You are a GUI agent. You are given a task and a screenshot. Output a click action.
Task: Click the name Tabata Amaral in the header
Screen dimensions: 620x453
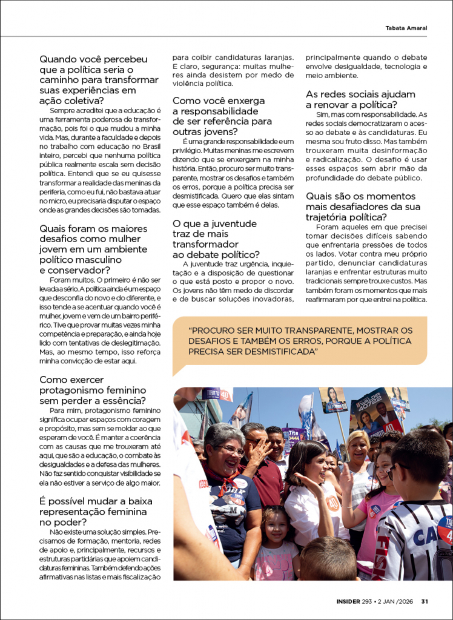tap(406, 28)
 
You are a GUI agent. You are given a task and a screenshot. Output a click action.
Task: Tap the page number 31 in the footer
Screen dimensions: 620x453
tap(425, 601)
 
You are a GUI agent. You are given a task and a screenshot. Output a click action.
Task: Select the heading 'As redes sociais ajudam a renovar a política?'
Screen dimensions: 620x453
tap(360, 99)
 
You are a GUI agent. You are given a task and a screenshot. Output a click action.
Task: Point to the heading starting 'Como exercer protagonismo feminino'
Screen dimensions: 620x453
tap(92, 390)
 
